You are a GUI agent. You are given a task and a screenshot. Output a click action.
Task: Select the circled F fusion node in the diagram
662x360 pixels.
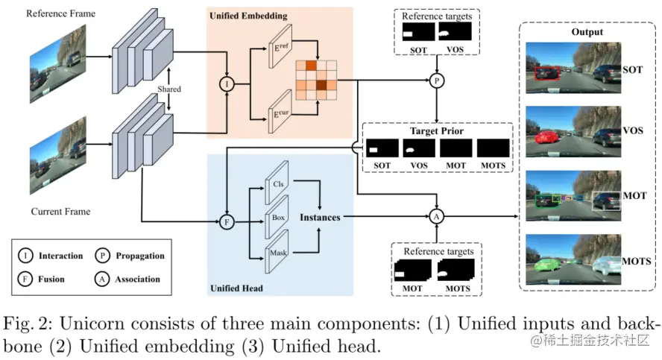(226, 221)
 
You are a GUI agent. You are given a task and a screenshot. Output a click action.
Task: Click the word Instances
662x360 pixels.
(320, 218)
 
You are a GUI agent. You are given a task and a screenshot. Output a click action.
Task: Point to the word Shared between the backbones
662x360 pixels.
(169, 89)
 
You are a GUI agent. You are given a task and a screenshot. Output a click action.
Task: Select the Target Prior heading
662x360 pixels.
(436, 131)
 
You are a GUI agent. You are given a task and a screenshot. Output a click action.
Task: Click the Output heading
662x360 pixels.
(587, 32)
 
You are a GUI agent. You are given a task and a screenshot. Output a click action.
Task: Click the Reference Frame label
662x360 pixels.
(60, 14)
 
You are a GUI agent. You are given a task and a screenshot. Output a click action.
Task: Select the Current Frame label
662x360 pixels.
(60, 212)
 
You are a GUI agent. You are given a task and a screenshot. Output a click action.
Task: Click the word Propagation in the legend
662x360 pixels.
(139, 256)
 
